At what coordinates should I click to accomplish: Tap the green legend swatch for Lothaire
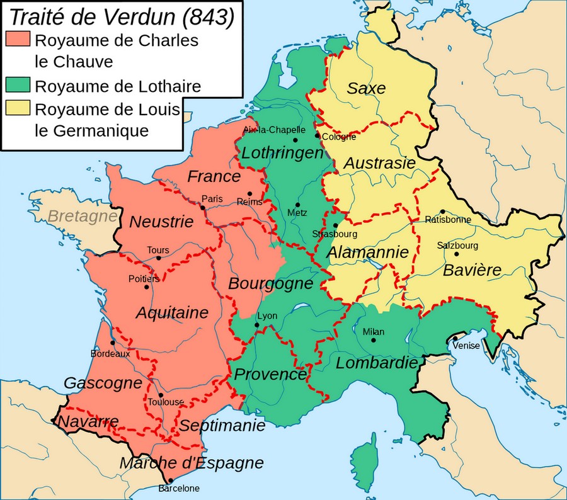pos(18,85)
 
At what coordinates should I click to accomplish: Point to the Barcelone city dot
pos(170,480)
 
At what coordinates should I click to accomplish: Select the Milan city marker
pos(374,340)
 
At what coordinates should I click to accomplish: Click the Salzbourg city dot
pos(455,254)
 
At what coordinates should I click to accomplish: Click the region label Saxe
pos(366,88)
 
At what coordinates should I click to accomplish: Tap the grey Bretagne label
pos(82,216)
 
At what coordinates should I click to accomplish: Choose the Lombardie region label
pos(377,363)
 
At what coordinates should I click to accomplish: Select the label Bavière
pos(472,270)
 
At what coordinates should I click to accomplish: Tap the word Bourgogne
pos(270,283)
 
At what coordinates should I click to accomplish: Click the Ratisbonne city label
pos(448,220)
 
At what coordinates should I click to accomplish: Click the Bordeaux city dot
pos(112,343)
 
